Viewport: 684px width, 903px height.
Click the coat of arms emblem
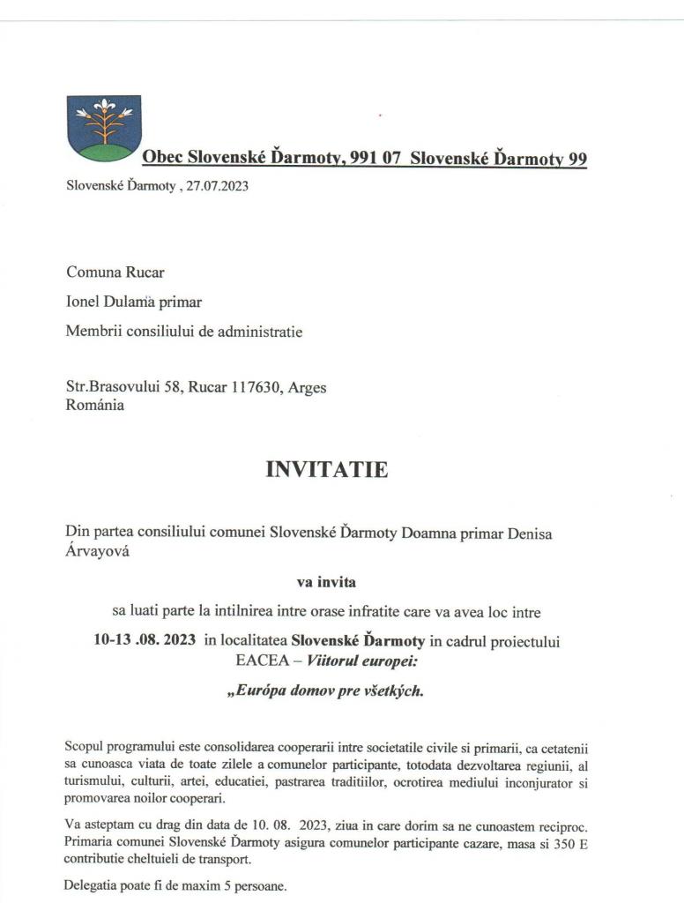tap(104, 128)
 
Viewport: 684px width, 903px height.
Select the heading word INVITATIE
tap(326, 469)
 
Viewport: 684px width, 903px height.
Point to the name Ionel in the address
tap(85, 302)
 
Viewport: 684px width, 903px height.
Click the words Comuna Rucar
tap(115, 272)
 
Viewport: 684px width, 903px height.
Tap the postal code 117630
tap(255, 387)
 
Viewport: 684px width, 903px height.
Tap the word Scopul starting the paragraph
tap(87, 747)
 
